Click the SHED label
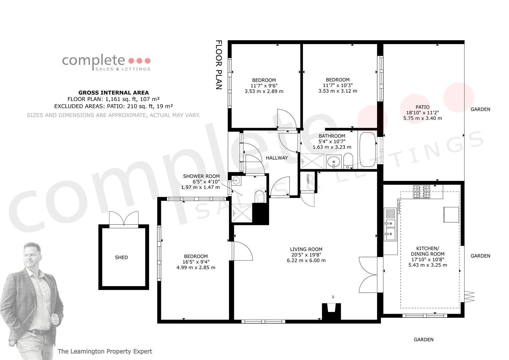click(121, 257)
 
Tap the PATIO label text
click(422, 107)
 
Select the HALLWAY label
click(277, 158)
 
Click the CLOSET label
click(308, 179)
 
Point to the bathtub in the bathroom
click(367, 149)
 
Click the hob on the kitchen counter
click(422, 192)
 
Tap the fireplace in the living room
click(332, 312)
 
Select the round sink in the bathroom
click(334, 162)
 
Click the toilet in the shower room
click(259, 197)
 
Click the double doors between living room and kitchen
click(368, 275)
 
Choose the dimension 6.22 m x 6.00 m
click(306, 260)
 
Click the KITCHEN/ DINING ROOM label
click(427, 251)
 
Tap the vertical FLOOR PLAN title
click(218, 65)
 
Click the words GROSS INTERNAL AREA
click(114, 93)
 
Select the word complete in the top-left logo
click(93, 60)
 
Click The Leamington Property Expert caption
click(105, 351)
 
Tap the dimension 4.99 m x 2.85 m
click(196, 267)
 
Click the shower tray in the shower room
click(242, 213)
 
